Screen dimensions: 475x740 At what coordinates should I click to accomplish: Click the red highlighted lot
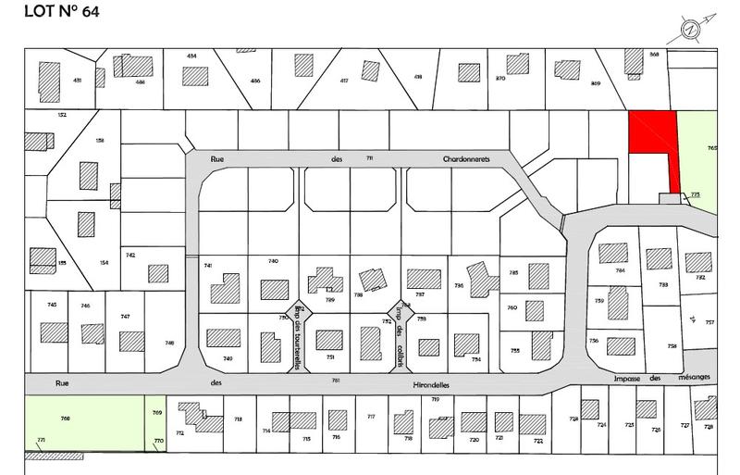tap(652, 133)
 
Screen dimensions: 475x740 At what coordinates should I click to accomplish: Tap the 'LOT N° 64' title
tap(52, 12)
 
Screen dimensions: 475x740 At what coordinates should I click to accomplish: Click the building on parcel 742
tap(158, 274)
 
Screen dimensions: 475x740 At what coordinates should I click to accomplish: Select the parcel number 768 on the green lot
tap(65, 419)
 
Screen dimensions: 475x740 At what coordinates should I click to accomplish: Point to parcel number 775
tap(695, 194)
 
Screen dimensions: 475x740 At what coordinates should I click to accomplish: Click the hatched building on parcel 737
tap(425, 279)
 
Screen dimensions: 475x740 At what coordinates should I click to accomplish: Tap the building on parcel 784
tap(612, 253)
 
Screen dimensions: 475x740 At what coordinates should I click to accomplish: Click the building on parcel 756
tap(620, 346)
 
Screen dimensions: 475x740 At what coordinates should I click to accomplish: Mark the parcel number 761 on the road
tap(337, 381)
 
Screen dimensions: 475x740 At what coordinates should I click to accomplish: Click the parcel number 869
tap(596, 84)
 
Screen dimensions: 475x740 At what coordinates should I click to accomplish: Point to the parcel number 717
tap(371, 417)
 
